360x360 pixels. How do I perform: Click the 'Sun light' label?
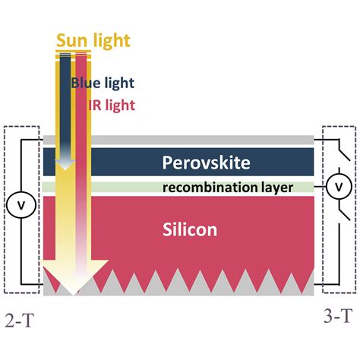(93, 41)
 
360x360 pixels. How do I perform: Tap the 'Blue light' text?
(103, 83)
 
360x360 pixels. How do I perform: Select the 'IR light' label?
(112, 106)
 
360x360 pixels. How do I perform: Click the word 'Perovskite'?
(206, 163)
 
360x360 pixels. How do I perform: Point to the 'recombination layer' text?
(228, 188)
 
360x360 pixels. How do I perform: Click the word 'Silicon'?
(190, 229)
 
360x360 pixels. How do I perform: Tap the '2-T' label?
(19, 321)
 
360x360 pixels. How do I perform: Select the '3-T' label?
(338, 316)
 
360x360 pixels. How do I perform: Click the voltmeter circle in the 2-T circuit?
(21, 205)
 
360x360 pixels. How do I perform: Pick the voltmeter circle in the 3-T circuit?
(339, 187)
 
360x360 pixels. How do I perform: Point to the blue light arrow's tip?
(65, 169)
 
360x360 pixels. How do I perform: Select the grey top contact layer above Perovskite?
(178, 140)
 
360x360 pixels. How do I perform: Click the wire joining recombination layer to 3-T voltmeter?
(320, 187)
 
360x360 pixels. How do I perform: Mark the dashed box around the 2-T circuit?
(4, 210)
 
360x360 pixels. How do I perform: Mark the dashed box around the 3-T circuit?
(322, 210)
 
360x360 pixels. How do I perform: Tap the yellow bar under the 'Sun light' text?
(74, 52)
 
